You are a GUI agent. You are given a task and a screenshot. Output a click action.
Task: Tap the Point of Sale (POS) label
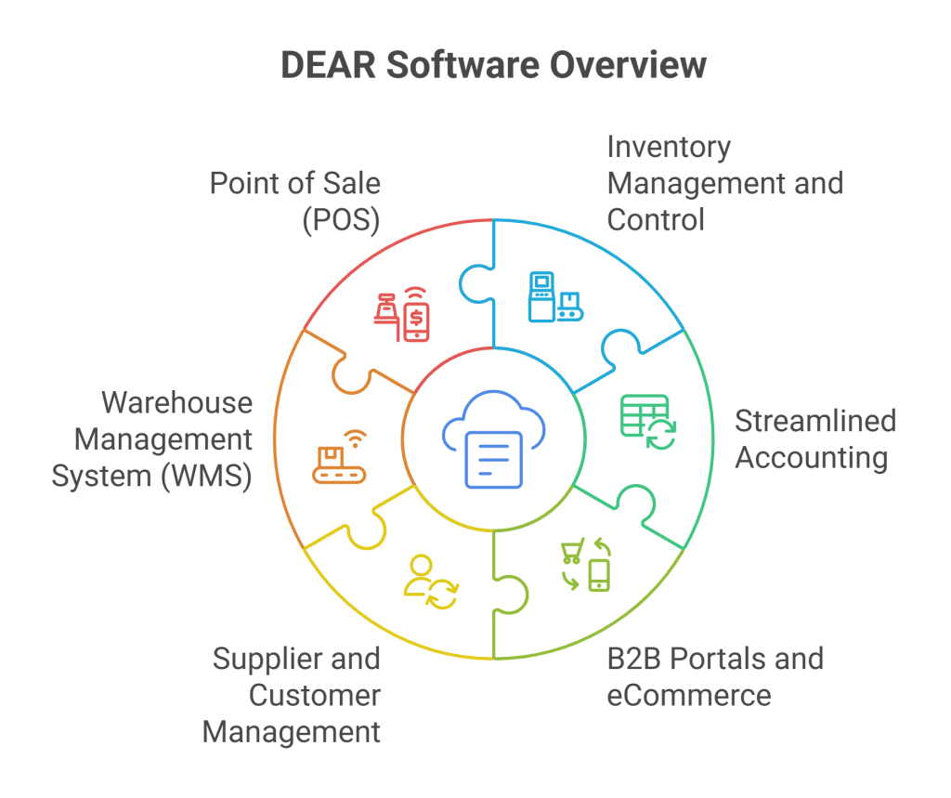[x=294, y=201]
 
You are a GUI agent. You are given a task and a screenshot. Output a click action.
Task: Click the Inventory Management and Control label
[x=724, y=183]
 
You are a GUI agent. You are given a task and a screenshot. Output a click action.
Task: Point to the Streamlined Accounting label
[x=814, y=439]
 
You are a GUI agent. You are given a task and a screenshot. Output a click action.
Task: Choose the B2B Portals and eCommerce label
[x=714, y=677]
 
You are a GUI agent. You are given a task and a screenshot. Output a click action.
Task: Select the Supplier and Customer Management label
[x=292, y=695]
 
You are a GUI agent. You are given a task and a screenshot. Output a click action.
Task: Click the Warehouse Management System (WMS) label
[x=152, y=439]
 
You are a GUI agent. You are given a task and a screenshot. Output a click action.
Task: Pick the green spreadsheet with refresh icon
[x=648, y=422]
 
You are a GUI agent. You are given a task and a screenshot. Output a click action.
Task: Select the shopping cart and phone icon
[x=586, y=564]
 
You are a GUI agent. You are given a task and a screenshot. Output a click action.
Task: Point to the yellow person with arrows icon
[x=431, y=582]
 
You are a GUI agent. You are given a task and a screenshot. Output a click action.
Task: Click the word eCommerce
[x=688, y=695]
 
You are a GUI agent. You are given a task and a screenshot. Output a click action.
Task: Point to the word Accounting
[x=811, y=458]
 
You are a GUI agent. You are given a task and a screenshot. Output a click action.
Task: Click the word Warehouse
[x=176, y=403]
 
